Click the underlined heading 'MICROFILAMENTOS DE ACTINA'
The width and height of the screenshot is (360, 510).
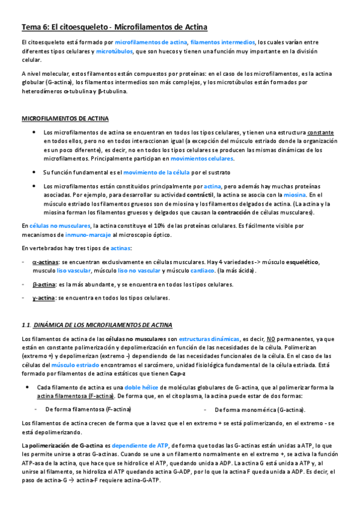tap(65, 118)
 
